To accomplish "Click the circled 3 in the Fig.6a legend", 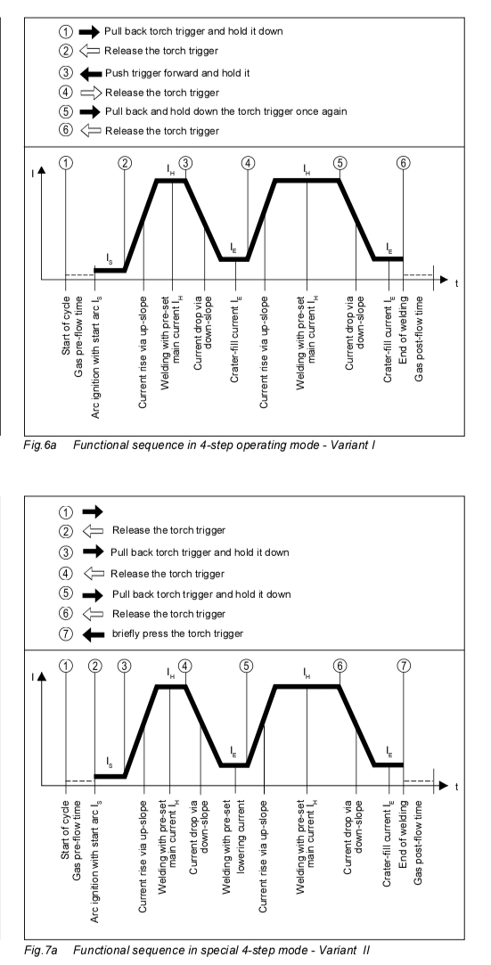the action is click(66, 73).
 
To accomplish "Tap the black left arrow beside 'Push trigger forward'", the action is click(91, 73).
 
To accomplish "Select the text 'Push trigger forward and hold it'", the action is click(177, 73).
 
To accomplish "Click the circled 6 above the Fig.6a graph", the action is click(404, 162).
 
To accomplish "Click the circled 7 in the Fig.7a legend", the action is click(66, 634).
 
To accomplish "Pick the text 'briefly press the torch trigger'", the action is click(177, 634).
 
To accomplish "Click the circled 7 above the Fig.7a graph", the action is click(404, 666).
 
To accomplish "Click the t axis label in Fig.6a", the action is click(456, 283).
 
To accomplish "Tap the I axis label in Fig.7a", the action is click(33, 676).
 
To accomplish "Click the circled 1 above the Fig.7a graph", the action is click(66, 666).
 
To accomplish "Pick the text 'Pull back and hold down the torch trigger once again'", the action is click(225, 111).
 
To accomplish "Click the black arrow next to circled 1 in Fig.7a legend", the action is click(93, 511).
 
